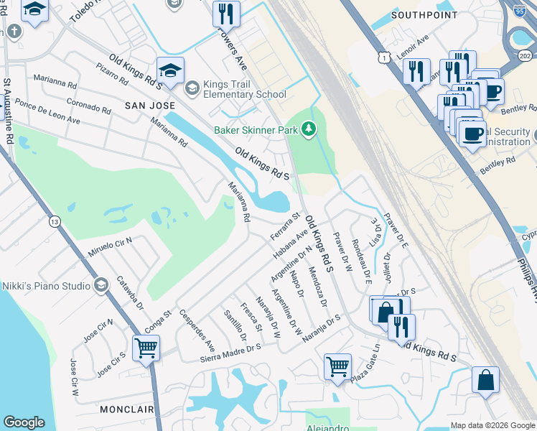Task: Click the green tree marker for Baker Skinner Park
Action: point(309,129)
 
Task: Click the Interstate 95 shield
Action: point(520,9)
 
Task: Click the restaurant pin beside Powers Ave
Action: point(226,13)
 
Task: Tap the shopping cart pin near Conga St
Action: point(146,348)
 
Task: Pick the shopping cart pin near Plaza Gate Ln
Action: point(337,366)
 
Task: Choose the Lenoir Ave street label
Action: point(411,46)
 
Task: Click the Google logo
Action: point(24,422)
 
